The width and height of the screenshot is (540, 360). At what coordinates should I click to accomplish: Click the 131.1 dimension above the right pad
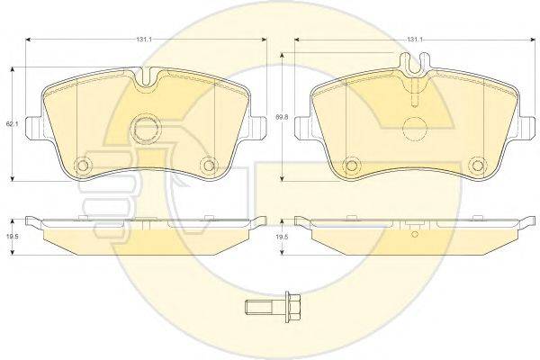point(415,40)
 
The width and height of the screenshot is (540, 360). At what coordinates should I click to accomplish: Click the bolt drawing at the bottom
point(273,306)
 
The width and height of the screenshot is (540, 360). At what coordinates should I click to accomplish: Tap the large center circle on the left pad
point(147,130)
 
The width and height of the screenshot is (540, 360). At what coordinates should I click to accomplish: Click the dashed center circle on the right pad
point(415,130)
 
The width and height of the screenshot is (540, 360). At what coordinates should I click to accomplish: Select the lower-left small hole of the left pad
point(83,166)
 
